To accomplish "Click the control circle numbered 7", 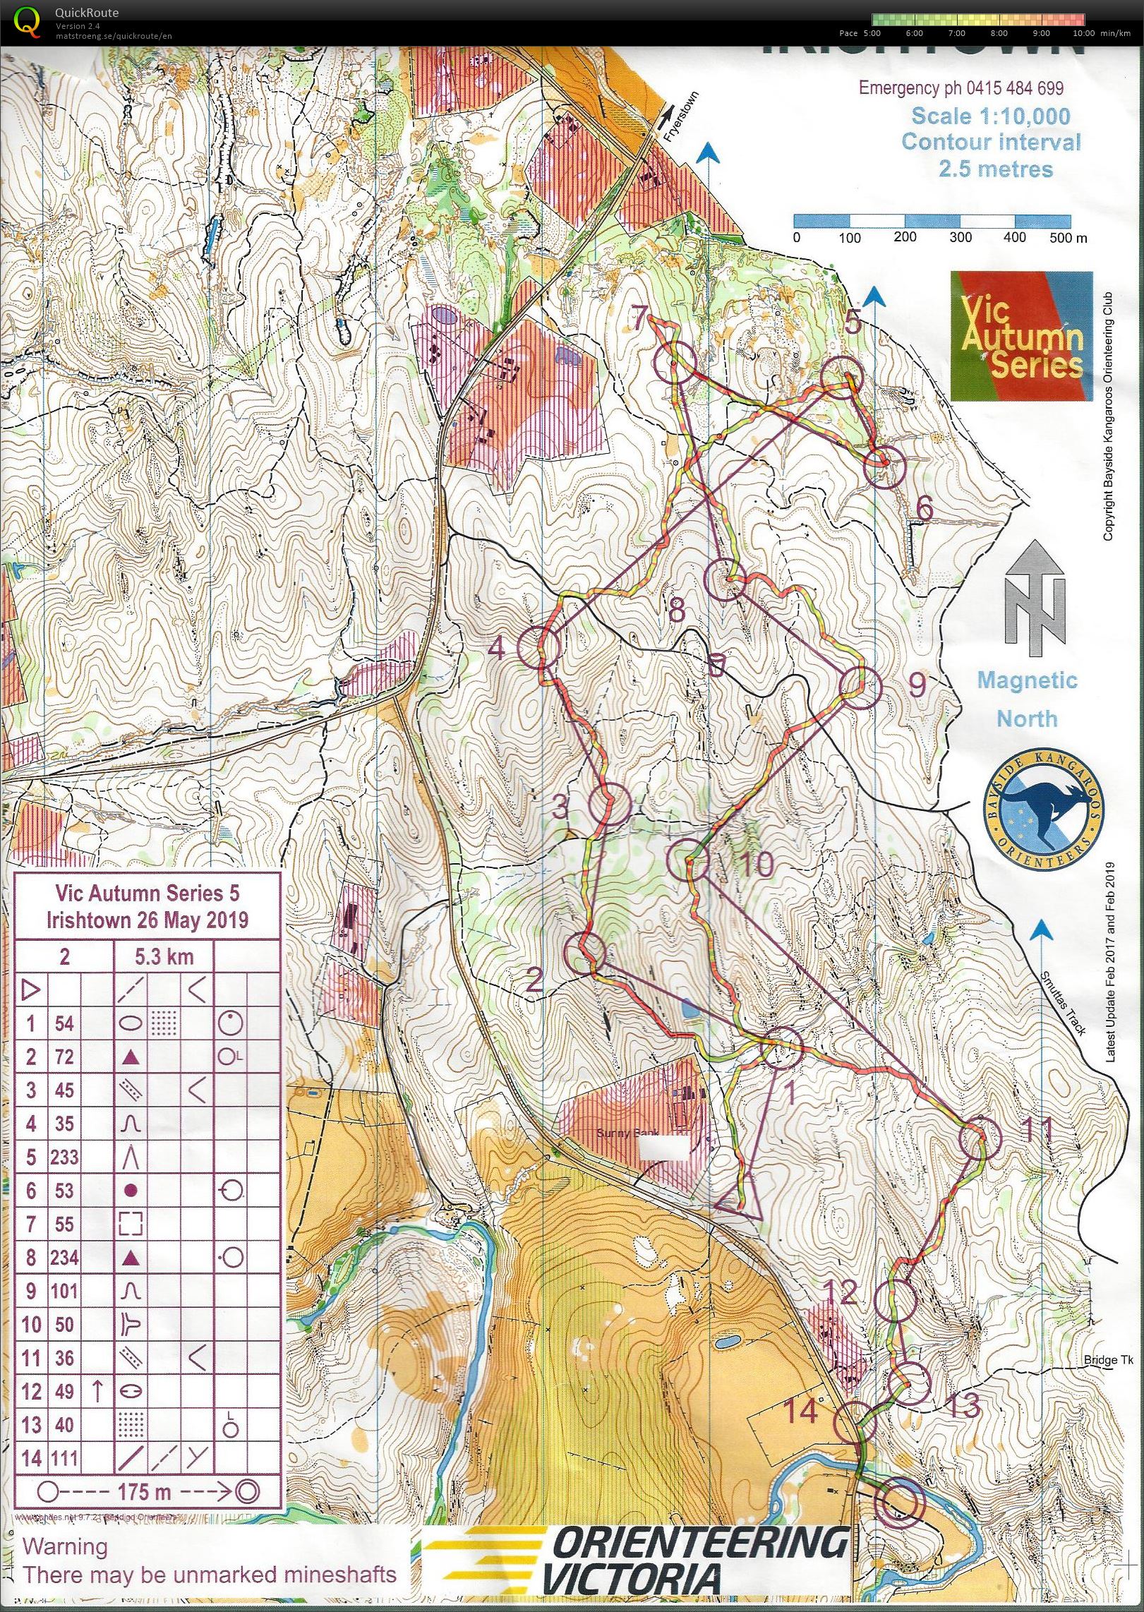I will (674, 363).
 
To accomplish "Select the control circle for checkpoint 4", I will (538, 646).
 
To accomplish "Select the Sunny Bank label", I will (627, 1133).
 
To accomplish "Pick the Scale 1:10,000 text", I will (990, 116).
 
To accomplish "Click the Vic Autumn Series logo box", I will (1020, 336).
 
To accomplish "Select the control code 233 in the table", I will (64, 1157).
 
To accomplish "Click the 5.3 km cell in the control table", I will (164, 956).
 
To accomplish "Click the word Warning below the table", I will (65, 1546).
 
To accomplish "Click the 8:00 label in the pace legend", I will (998, 33).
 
